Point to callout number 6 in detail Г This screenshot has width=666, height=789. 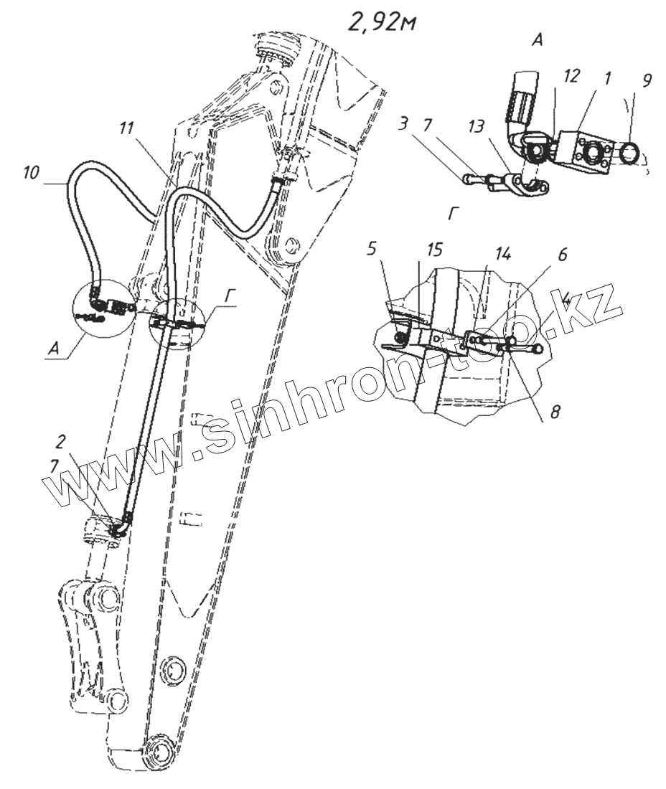[563, 255]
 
